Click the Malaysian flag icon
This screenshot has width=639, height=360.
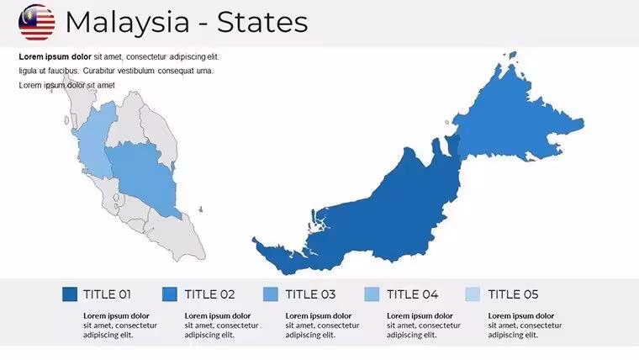[37, 23]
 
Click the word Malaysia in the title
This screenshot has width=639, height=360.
[128, 23]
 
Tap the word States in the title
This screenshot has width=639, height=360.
[262, 22]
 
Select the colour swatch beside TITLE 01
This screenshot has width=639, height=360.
[70, 294]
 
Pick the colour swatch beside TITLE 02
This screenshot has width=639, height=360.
[170, 294]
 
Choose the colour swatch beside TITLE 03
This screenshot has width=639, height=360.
[271, 294]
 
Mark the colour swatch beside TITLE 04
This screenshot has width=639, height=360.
[372, 294]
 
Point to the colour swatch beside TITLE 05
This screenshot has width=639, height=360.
[473, 294]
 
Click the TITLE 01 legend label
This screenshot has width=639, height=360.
[107, 294]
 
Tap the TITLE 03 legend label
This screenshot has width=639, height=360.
[310, 294]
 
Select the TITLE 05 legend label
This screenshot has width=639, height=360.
[513, 294]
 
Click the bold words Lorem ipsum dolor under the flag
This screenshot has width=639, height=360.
[55, 56]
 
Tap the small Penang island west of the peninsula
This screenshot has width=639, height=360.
[66, 120]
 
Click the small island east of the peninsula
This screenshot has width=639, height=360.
[200, 209]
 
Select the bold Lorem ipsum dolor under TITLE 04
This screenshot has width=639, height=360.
[420, 315]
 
